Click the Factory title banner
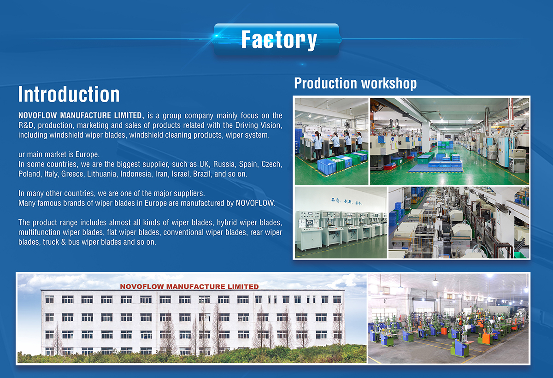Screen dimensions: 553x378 point(277,40)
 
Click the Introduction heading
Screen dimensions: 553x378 point(69,94)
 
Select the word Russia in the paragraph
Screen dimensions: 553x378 point(224,164)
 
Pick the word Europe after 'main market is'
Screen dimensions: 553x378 point(88,154)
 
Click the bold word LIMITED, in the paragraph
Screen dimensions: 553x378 point(129,116)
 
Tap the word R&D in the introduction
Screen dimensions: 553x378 point(26,125)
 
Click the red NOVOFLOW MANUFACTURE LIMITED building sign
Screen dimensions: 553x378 point(189,287)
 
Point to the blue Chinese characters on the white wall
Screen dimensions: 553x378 point(347,202)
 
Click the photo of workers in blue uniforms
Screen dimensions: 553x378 point(331,141)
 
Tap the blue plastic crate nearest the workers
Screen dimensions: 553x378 point(326,166)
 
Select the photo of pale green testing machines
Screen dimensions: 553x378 point(341,223)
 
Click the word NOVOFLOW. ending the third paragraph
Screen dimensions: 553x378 point(255,203)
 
